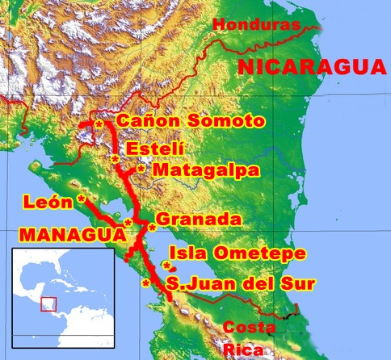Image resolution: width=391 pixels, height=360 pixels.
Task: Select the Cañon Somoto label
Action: click(191, 122)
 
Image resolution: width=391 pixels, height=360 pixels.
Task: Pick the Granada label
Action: click(199, 220)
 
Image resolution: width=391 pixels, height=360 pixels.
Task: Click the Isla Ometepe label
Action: click(237, 253)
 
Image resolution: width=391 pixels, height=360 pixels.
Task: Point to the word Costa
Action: click(245, 327)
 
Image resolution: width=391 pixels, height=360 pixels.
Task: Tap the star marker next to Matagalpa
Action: click(141, 170)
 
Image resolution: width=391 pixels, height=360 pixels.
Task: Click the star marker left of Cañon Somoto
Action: click(99, 124)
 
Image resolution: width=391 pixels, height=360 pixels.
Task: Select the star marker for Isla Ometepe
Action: click(166, 266)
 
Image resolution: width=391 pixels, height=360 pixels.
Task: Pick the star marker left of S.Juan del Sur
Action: click(145, 283)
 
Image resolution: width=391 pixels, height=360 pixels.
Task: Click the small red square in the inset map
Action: click(48, 303)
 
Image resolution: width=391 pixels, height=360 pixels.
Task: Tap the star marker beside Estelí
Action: click(116, 160)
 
